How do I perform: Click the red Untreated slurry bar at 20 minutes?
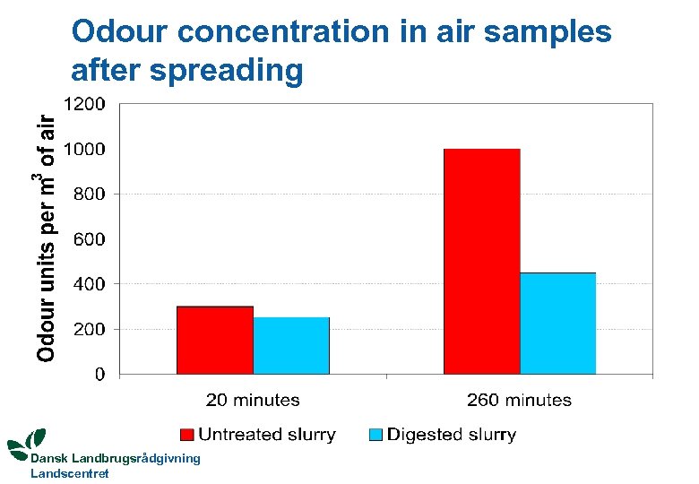point(215,340)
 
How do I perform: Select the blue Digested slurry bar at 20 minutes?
point(291,345)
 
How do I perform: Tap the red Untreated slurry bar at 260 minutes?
point(481,261)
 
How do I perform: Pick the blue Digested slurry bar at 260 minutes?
point(557,323)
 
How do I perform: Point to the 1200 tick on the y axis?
point(87,104)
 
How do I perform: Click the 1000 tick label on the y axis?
point(87,149)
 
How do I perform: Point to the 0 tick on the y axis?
point(100,374)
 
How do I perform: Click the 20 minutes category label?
point(253,401)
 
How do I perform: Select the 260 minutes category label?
point(519,401)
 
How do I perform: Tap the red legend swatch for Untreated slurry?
point(187,436)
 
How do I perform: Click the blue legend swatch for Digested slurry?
point(376,436)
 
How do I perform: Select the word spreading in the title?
point(228,69)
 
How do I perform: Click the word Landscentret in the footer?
point(70,473)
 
